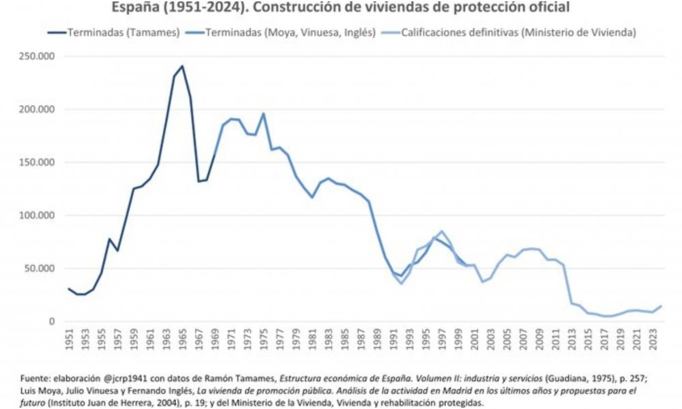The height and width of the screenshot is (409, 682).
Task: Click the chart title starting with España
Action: coord(340,7)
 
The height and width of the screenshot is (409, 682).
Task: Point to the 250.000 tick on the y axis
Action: coord(38,57)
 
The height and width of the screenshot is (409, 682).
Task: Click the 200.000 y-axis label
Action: coord(38,110)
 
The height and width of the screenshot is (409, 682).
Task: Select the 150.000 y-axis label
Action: coord(38,163)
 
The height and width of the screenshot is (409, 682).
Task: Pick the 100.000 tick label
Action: coord(38,215)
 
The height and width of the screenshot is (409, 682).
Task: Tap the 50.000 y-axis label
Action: coord(41,269)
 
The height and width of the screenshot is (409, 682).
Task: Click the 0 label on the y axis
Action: coord(52,322)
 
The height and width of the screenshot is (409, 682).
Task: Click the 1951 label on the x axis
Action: coord(70,339)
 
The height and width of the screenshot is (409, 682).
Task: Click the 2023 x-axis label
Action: coord(652,339)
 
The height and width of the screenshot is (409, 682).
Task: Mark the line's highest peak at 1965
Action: coord(182,66)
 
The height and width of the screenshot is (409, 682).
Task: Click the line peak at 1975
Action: coord(263,113)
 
